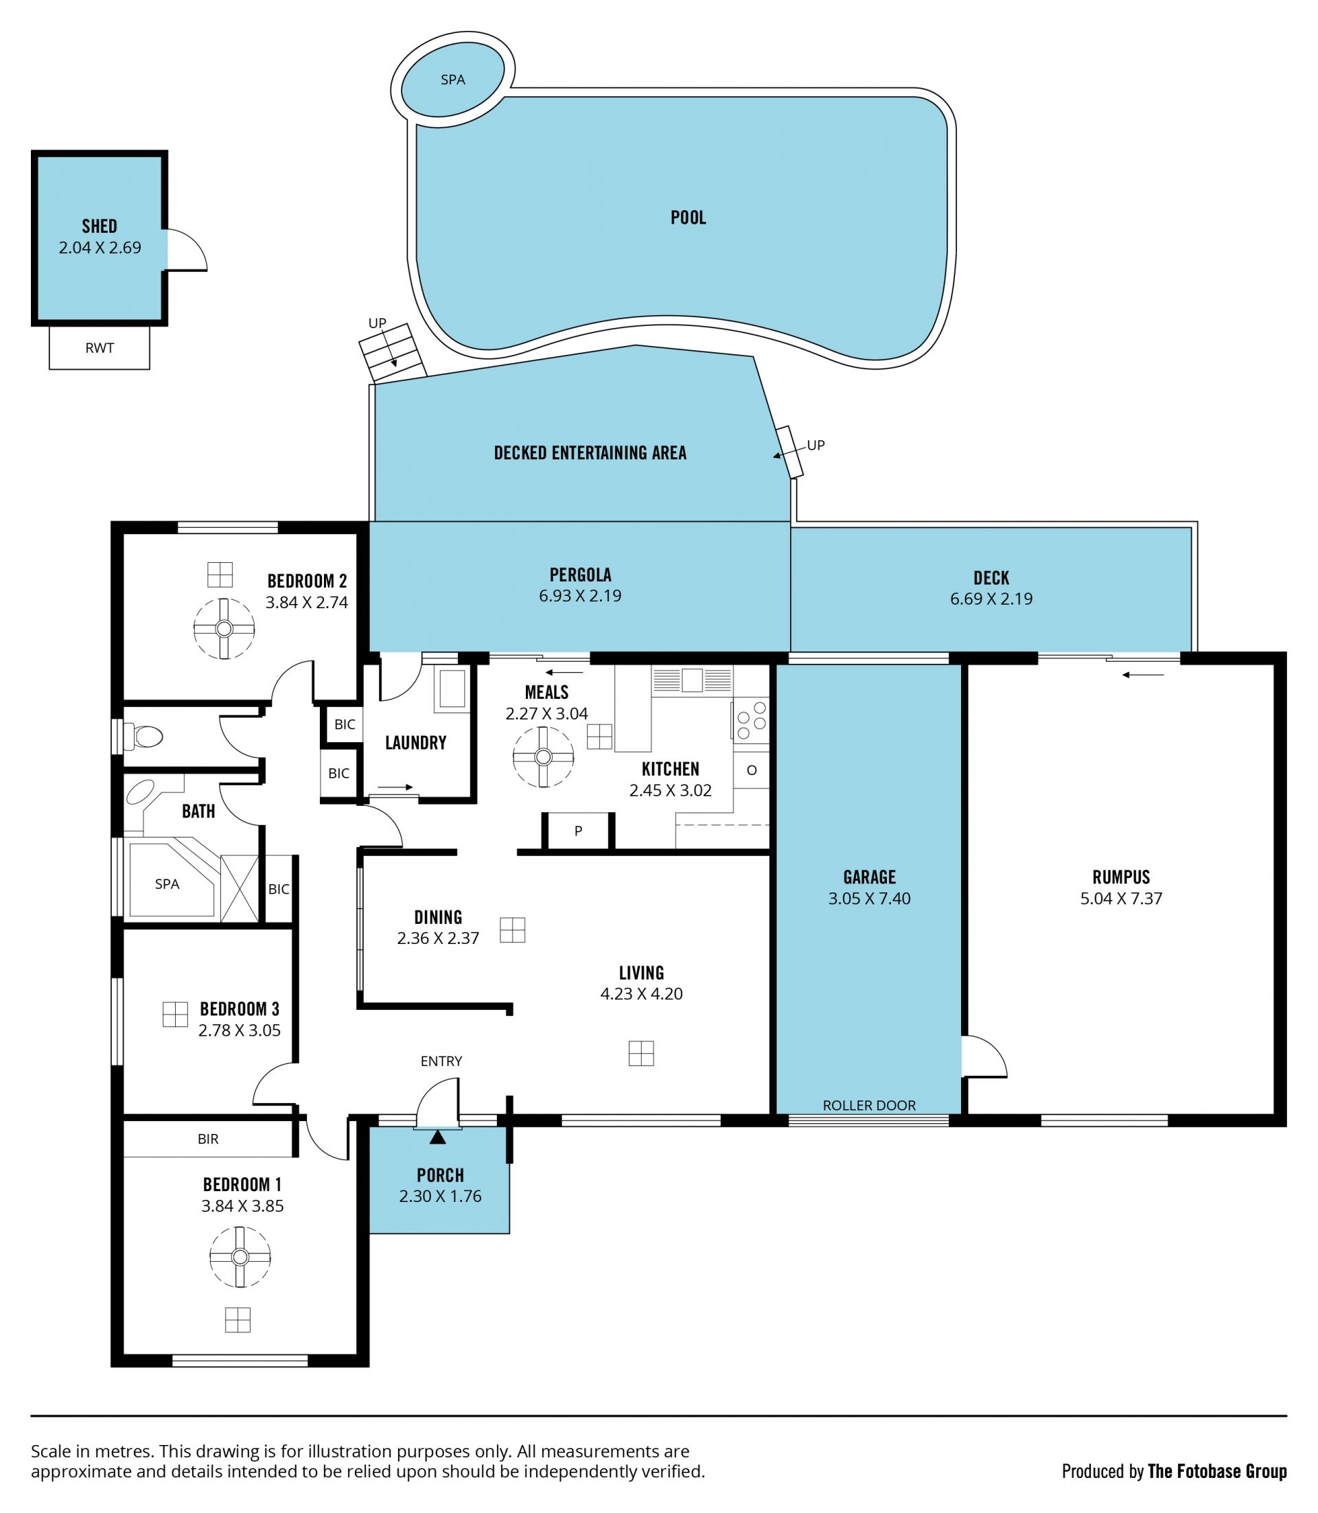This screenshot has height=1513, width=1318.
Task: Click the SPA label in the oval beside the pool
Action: point(452,80)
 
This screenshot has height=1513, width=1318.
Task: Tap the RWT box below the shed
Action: point(100,347)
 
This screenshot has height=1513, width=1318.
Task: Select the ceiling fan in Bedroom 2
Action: point(224,628)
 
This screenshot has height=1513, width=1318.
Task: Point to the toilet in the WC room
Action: point(143,735)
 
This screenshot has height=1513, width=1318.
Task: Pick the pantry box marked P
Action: point(578,831)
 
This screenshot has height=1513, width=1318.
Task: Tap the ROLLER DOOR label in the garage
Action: point(869,1105)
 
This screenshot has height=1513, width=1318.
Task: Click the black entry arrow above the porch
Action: point(438,1137)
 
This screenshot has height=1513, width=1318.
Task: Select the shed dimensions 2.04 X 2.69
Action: point(100,248)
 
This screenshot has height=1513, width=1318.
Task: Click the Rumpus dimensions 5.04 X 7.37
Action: point(1121,898)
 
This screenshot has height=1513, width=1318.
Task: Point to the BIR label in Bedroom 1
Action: point(208,1139)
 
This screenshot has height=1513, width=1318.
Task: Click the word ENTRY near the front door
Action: point(441,1061)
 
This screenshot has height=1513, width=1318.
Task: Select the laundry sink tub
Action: point(452,689)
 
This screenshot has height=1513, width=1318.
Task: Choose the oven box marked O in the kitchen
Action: point(751,770)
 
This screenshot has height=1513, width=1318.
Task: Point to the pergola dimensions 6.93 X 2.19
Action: point(580,596)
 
